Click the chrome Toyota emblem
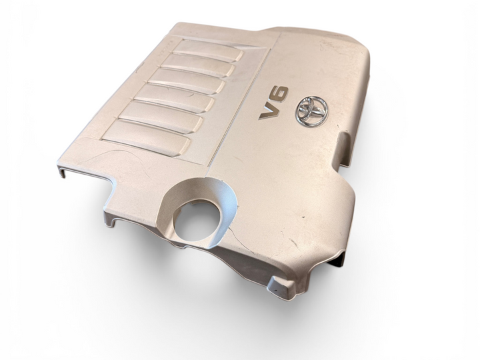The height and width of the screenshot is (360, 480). [311, 111]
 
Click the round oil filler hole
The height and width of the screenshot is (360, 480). [197, 219]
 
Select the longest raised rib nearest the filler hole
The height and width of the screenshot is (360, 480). [146, 138]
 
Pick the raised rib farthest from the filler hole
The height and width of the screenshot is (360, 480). [207, 51]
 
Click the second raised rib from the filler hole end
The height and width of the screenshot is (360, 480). [161, 117]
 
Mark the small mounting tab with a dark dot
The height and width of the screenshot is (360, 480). [280, 288]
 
